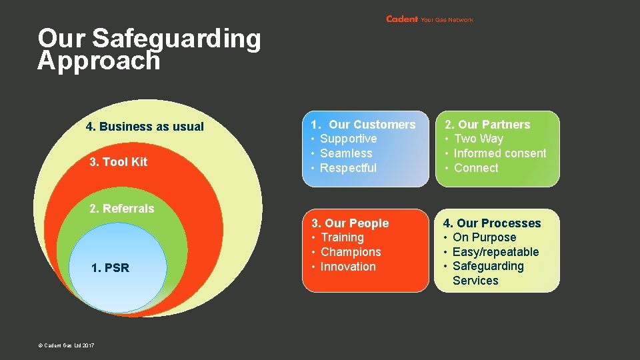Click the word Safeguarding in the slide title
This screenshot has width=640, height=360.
[176, 39]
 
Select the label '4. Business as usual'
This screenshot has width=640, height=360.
[145, 127]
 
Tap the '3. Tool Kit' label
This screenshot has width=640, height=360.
[118, 162]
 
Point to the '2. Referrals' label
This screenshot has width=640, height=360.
[121, 209]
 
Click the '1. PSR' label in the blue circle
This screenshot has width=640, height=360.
[110, 268]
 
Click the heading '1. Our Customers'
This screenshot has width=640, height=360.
[363, 125]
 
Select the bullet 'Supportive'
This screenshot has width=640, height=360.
[348, 139]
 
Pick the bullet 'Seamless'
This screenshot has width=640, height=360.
[346, 153]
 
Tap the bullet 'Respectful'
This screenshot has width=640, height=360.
[348, 168]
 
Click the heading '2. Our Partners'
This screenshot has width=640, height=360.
[487, 125]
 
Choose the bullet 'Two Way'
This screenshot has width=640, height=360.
[478, 139]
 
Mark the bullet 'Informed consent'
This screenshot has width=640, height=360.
[499, 153]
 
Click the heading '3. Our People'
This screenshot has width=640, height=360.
[350, 223]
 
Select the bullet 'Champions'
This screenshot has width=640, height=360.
[351, 252]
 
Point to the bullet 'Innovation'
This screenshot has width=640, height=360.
[348, 267]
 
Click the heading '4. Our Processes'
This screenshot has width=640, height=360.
[492, 223]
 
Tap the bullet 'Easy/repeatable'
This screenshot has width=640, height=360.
[495, 252]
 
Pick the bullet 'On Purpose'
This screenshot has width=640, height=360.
[484, 237]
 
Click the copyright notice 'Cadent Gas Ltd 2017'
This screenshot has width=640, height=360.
[67, 345]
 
